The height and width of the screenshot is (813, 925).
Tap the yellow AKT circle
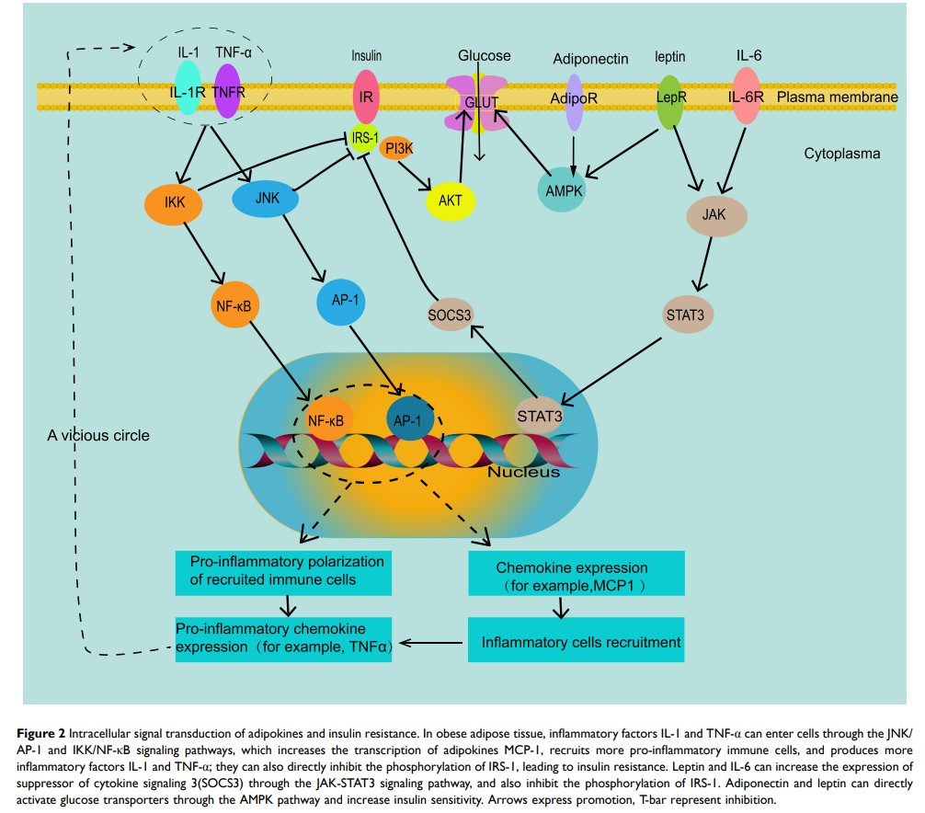click(x=450, y=200)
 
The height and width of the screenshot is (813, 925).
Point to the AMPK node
click(x=561, y=190)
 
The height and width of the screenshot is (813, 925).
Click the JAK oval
click(x=717, y=216)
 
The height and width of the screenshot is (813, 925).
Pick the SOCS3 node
click(x=450, y=314)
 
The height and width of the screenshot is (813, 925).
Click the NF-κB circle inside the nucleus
click(x=325, y=421)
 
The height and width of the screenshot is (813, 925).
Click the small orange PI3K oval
click(x=397, y=147)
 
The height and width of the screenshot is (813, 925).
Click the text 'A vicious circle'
click(x=98, y=434)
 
